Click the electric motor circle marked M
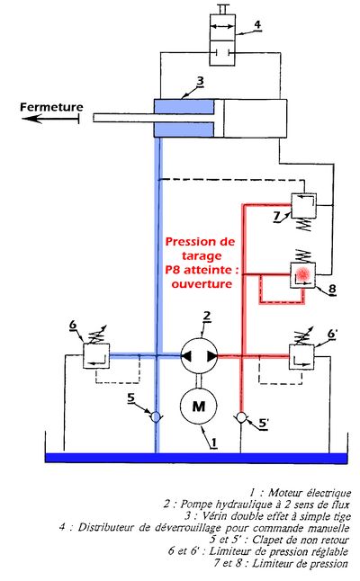(x=198, y=407)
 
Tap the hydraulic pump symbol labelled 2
(x=199, y=356)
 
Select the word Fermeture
(x=51, y=107)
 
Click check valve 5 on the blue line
(x=156, y=417)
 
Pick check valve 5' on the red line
(x=241, y=417)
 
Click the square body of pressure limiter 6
(x=96, y=356)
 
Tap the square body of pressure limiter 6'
(x=301, y=357)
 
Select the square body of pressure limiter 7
(x=303, y=205)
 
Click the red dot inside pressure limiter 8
(x=303, y=274)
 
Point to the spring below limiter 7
(x=304, y=225)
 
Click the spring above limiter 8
(x=303, y=256)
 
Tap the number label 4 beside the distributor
(x=257, y=24)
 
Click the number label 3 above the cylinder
(x=200, y=81)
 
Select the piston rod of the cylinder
(x=154, y=118)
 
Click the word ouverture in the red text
(x=202, y=284)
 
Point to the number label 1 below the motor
(x=214, y=442)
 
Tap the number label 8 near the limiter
(x=332, y=289)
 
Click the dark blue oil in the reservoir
(x=196, y=458)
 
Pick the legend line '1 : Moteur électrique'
(x=300, y=493)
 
